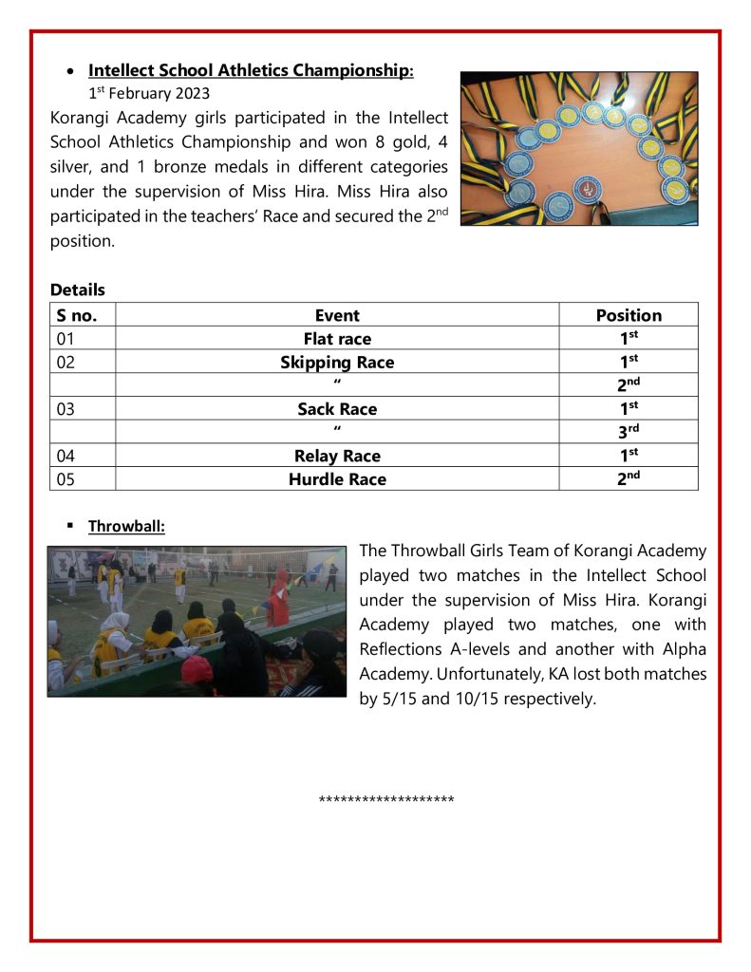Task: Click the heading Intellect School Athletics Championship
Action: (251, 70)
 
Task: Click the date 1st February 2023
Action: (149, 93)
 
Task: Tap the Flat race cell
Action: (337, 339)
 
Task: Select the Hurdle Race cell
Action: (337, 479)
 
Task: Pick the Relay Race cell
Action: (337, 456)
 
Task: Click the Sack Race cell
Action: (337, 409)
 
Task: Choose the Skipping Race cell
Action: (337, 363)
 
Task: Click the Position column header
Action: (629, 315)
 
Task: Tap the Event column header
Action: (337, 315)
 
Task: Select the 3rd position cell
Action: (628, 432)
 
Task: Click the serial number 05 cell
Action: (66, 479)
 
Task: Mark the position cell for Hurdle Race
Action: (628, 478)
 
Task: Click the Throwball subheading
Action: (126, 525)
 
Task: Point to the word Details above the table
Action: (78, 290)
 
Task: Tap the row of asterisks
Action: (386, 799)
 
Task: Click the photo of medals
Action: (579, 148)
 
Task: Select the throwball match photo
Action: (197, 622)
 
